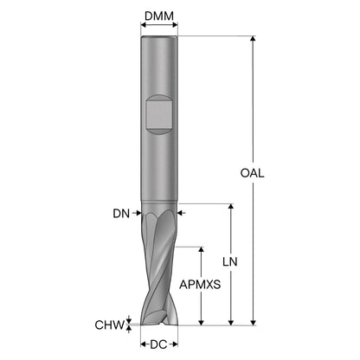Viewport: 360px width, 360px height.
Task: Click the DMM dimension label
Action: tap(159, 16)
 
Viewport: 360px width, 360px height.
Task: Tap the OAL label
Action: tap(252, 173)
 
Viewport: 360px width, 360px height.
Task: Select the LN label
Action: tap(230, 261)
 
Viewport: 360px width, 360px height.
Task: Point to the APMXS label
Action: tap(200, 285)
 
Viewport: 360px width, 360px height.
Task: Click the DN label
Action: tap(121, 214)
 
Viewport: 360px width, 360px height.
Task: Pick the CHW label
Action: tap(109, 325)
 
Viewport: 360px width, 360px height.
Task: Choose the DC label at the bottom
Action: tap(158, 344)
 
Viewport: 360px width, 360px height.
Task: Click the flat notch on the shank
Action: tap(159, 114)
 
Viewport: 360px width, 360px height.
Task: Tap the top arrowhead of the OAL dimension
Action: tap(253, 39)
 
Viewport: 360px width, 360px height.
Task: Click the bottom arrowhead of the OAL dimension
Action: tap(253, 322)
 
